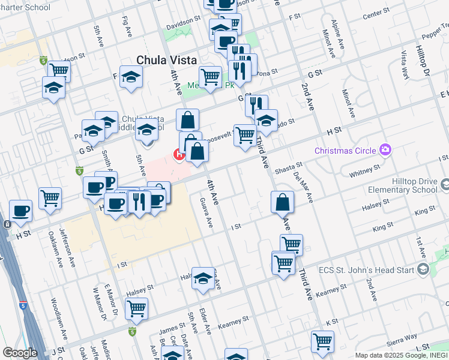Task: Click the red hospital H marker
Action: pyautogui.click(x=179, y=155)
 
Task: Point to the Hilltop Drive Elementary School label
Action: pyautogui.click(x=405, y=184)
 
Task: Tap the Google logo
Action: pyautogui.click(x=20, y=353)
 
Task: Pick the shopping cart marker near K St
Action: pyautogui.click(x=322, y=341)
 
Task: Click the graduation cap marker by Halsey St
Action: pyautogui.click(x=203, y=278)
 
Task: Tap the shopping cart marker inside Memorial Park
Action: pyautogui.click(x=210, y=77)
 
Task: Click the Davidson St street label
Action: pyautogui.click(x=183, y=20)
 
